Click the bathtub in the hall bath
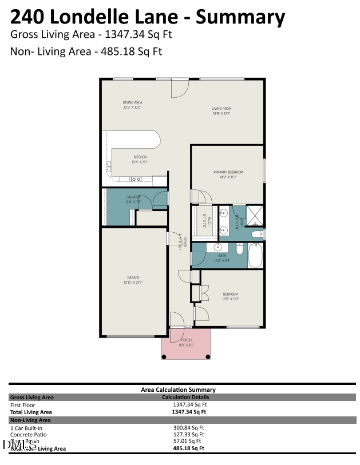[x=255, y=255]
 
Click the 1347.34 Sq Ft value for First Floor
[x=189, y=404]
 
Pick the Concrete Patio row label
[x=28, y=434]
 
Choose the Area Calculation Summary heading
[x=178, y=390]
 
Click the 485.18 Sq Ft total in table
[x=188, y=448]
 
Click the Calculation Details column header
[x=185, y=397]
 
